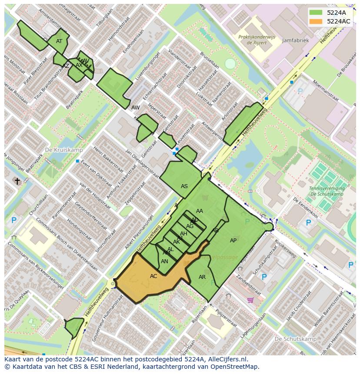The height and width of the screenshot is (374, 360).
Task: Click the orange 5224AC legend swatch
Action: coord(316,21)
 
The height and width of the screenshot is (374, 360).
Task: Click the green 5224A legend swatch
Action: coord(316,13)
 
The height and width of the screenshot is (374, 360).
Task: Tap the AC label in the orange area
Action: coord(153,276)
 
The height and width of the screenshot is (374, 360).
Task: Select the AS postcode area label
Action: coord(184,186)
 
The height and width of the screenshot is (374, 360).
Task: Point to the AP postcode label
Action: coord(233,241)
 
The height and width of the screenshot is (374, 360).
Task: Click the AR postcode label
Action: coord(202,277)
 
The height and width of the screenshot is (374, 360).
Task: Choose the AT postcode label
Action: coord(59,41)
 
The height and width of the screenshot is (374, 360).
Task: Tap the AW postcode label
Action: coord(136,107)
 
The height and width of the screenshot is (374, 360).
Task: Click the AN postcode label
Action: coord(164,261)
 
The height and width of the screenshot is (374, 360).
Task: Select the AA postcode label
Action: coord(200,211)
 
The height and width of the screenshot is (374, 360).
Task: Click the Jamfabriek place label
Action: coord(295,40)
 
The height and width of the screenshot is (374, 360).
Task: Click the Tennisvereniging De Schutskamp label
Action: coord(327,191)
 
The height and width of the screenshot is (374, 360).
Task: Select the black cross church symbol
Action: coord(17,181)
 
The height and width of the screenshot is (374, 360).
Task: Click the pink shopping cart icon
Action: coord(250,300)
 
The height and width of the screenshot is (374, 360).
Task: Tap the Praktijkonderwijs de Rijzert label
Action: coord(257,40)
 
